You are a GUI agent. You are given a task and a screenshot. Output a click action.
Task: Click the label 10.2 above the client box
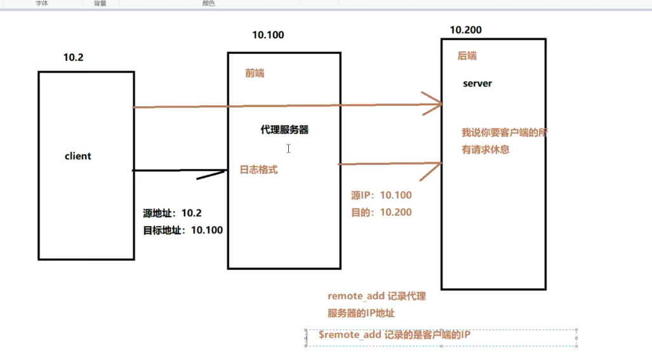point(73,57)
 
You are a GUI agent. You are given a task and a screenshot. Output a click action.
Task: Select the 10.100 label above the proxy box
point(268,35)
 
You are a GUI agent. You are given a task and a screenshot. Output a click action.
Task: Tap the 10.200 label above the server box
point(465,30)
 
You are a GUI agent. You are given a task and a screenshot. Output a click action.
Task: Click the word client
point(78,156)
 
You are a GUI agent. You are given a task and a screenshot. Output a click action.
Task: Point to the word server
point(477,83)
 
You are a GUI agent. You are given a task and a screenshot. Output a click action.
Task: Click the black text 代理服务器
point(284,130)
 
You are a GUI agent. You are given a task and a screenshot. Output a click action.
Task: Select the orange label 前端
point(255,73)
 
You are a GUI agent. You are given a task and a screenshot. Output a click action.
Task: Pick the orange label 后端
point(467,56)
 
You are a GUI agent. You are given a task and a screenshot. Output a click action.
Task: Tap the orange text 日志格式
point(258,170)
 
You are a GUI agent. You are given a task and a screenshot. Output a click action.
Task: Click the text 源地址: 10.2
point(172,213)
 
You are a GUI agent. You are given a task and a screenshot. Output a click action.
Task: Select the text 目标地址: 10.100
point(183,230)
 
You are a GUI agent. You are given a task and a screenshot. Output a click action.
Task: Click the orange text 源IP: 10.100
point(381,196)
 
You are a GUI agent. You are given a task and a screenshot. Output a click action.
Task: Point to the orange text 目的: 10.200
point(381,213)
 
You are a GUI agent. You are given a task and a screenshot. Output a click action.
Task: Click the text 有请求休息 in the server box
point(486,150)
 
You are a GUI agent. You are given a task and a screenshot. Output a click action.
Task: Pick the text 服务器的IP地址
point(362,313)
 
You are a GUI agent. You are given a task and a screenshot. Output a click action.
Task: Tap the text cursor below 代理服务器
point(288,149)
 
